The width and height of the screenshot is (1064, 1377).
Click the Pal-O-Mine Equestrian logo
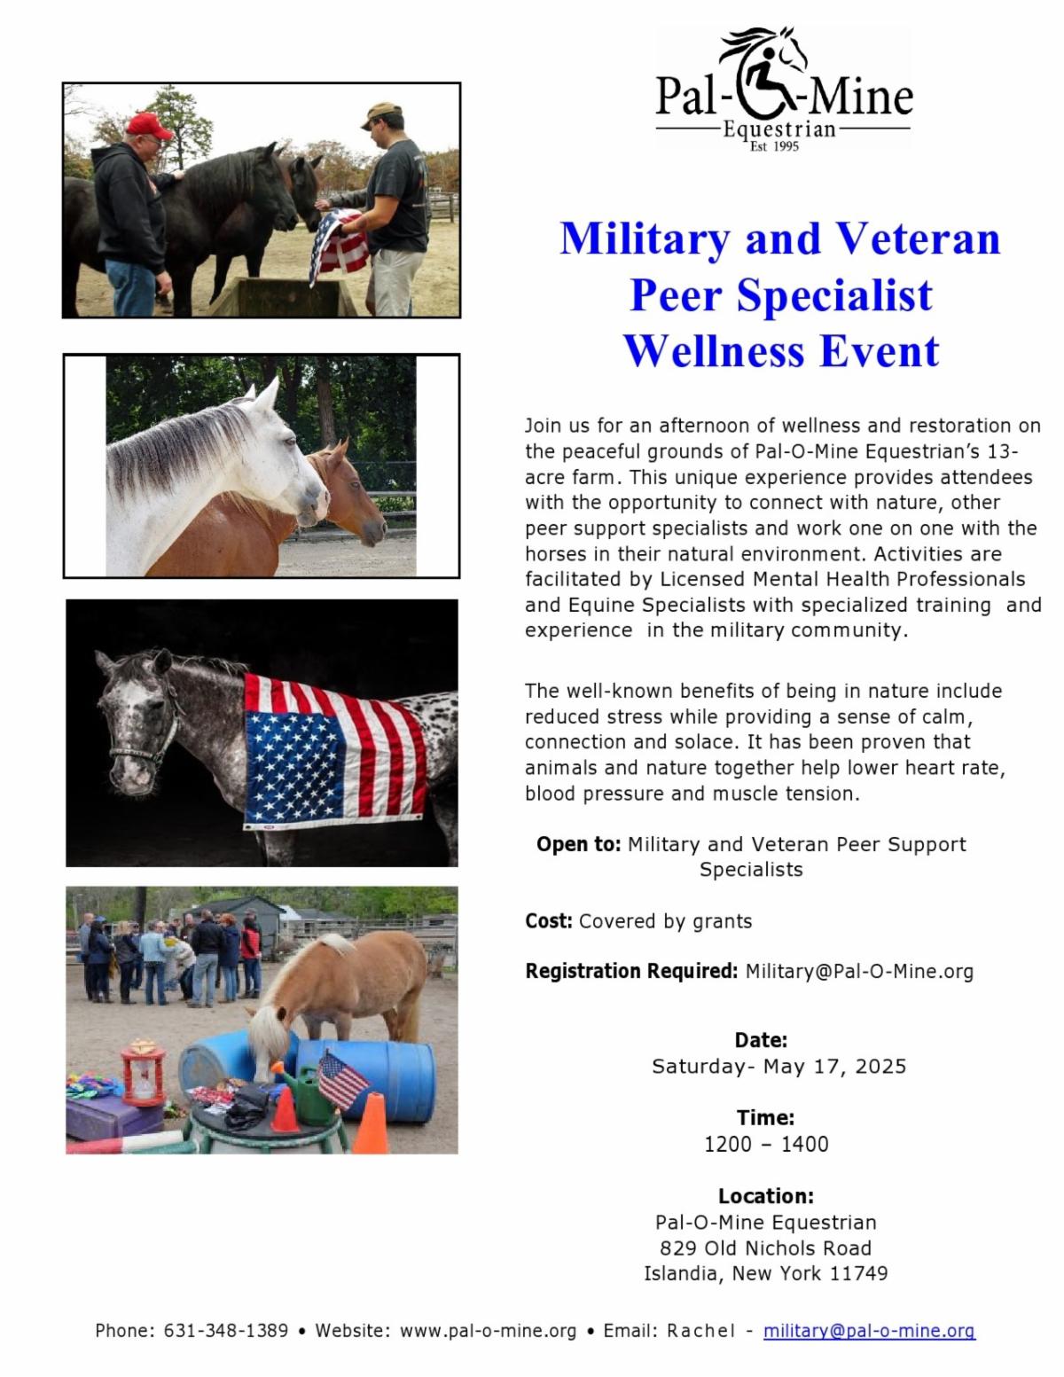click(783, 89)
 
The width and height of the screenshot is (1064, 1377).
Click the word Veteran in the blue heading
click(919, 239)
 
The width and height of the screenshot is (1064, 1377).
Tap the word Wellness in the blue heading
click(714, 351)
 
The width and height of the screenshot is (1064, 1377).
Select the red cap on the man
click(148, 126)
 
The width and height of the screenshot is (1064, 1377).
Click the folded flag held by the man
click(339, 244)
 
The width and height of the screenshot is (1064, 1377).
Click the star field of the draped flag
click(294, 765)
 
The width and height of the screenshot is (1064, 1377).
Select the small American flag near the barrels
click(342, 1079)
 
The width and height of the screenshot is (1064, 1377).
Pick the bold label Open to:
click(579, 844)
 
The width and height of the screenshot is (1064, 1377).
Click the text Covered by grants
click(665, 920)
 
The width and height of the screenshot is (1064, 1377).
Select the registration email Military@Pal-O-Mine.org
click(859, 971)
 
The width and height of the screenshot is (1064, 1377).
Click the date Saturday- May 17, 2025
click(778, 1067)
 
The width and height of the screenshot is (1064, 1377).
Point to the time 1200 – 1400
click(766, 1144)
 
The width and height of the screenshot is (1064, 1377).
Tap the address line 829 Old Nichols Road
click(765, 1248)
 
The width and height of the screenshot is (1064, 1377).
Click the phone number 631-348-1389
click(226, 1330)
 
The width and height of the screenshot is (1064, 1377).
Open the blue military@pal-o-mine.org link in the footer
click(870, 1331)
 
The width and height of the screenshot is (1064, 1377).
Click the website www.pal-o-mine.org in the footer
click(488, 1331)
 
